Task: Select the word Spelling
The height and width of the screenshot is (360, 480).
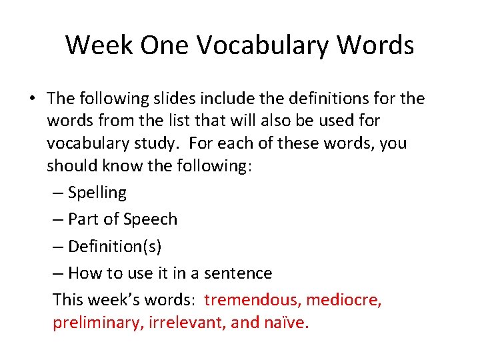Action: (x=97, y=193)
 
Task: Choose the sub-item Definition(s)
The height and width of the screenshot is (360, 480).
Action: (x=115, y=247)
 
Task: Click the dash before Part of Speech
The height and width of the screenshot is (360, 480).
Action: (x=58, y=220)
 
